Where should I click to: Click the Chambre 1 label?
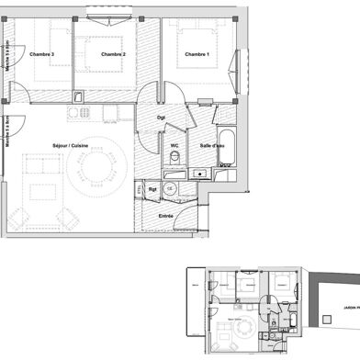pos(197,55)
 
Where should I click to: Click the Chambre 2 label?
pos(113,55)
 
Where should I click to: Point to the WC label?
pos(174,144)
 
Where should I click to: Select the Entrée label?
pos(166,215)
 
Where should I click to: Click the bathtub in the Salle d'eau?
pos(227,143)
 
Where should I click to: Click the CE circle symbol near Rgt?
pos(170,188)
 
